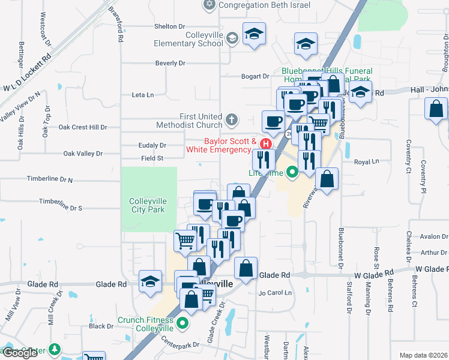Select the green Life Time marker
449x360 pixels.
292,173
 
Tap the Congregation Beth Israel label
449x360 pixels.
264,5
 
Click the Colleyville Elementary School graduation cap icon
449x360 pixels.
232,39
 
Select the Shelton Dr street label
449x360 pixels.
169,26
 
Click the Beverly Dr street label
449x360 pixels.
170,63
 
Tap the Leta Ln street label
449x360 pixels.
142,95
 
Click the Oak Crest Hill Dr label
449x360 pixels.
83,127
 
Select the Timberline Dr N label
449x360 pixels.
50,179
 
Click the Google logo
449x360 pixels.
20,353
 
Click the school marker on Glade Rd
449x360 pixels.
149,281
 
